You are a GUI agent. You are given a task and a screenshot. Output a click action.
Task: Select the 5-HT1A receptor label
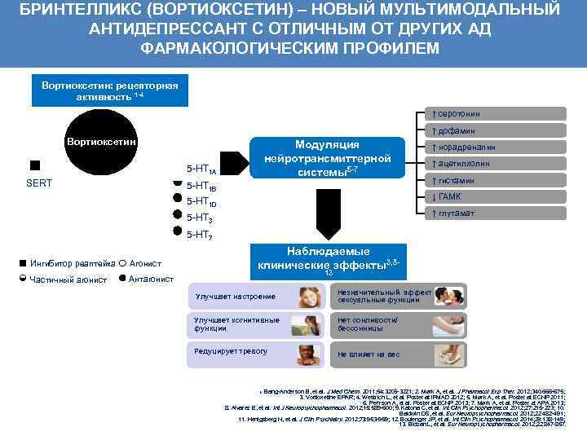pyautogui.click(x=201, y=169)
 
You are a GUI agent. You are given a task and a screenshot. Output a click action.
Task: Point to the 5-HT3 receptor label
pyautogui.click(x=200, y=218)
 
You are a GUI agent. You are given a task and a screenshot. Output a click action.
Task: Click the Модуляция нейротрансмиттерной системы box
pyautogui.click(x=327, y=157)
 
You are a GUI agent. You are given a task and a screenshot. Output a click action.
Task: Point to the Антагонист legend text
pyautogui.click(x=151, y=279)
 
